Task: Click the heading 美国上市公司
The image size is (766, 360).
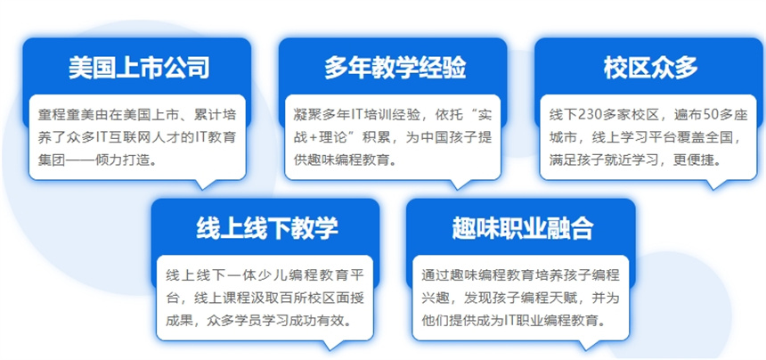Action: pos(139,68)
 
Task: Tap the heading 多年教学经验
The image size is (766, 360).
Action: pos(395,68)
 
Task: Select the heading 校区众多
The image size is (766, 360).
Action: pos(651,68)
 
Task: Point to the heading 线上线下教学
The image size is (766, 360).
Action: pos(267,228)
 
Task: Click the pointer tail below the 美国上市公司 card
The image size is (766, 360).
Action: pos(205,184)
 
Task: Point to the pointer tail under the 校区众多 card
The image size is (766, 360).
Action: pos(716,184)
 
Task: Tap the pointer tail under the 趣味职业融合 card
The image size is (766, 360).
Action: pos(589,345)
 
